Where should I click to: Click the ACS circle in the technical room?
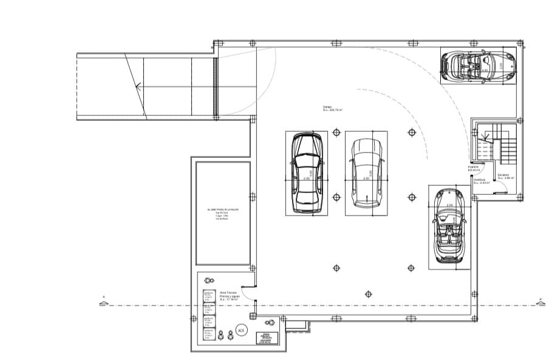(x=241, y=330)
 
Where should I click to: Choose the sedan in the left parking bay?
(x=306, y=173)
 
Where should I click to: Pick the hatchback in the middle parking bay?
(x=366, y=172)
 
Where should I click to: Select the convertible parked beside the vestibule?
(x=449, y=226)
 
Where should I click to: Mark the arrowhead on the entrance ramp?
(x=139, y=86)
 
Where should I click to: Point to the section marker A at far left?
(x=104, y=298)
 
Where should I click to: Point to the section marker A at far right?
(x=539, y=299)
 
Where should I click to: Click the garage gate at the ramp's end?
(x=214, y=86)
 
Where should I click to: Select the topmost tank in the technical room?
(x=208, y=296)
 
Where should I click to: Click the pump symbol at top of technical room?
(x=210, y=280)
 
